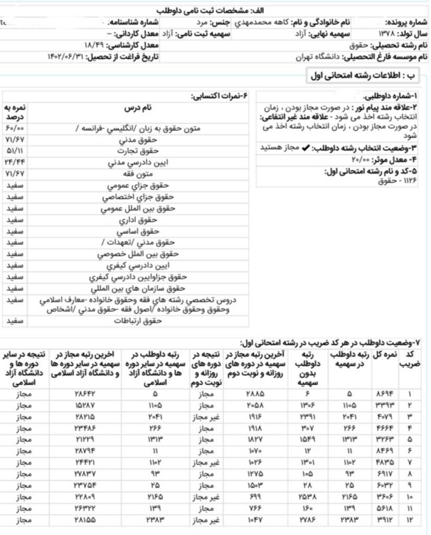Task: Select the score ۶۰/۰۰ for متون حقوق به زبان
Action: coord(15,128)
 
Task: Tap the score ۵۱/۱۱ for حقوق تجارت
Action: coord(15,152)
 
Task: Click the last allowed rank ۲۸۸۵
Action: coord(236,394)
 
